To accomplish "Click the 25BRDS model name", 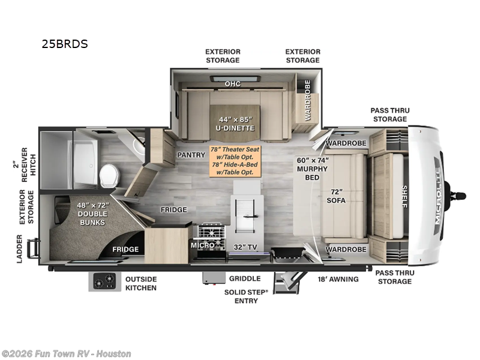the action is point(65,44).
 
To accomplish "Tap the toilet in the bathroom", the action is point(109,176).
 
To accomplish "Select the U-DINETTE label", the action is point(235,128).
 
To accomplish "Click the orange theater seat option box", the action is point(235,161).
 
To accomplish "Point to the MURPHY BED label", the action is point(312,173).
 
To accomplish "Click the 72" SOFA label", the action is point(336,196).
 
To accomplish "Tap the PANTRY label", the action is point(191,155).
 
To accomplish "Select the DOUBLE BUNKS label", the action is point(92,218).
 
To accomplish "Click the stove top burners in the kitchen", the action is point(211,230).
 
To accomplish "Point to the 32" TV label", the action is point(245,247).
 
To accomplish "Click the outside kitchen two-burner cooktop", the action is point(104,281).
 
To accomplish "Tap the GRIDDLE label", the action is point(245,278).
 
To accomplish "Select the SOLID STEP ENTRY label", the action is point(246,296).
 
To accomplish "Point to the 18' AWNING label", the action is point(338,279).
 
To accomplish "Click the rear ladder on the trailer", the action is point(33,248).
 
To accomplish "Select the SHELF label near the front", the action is point(404,197).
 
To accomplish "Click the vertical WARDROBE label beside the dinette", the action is point(308,100).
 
